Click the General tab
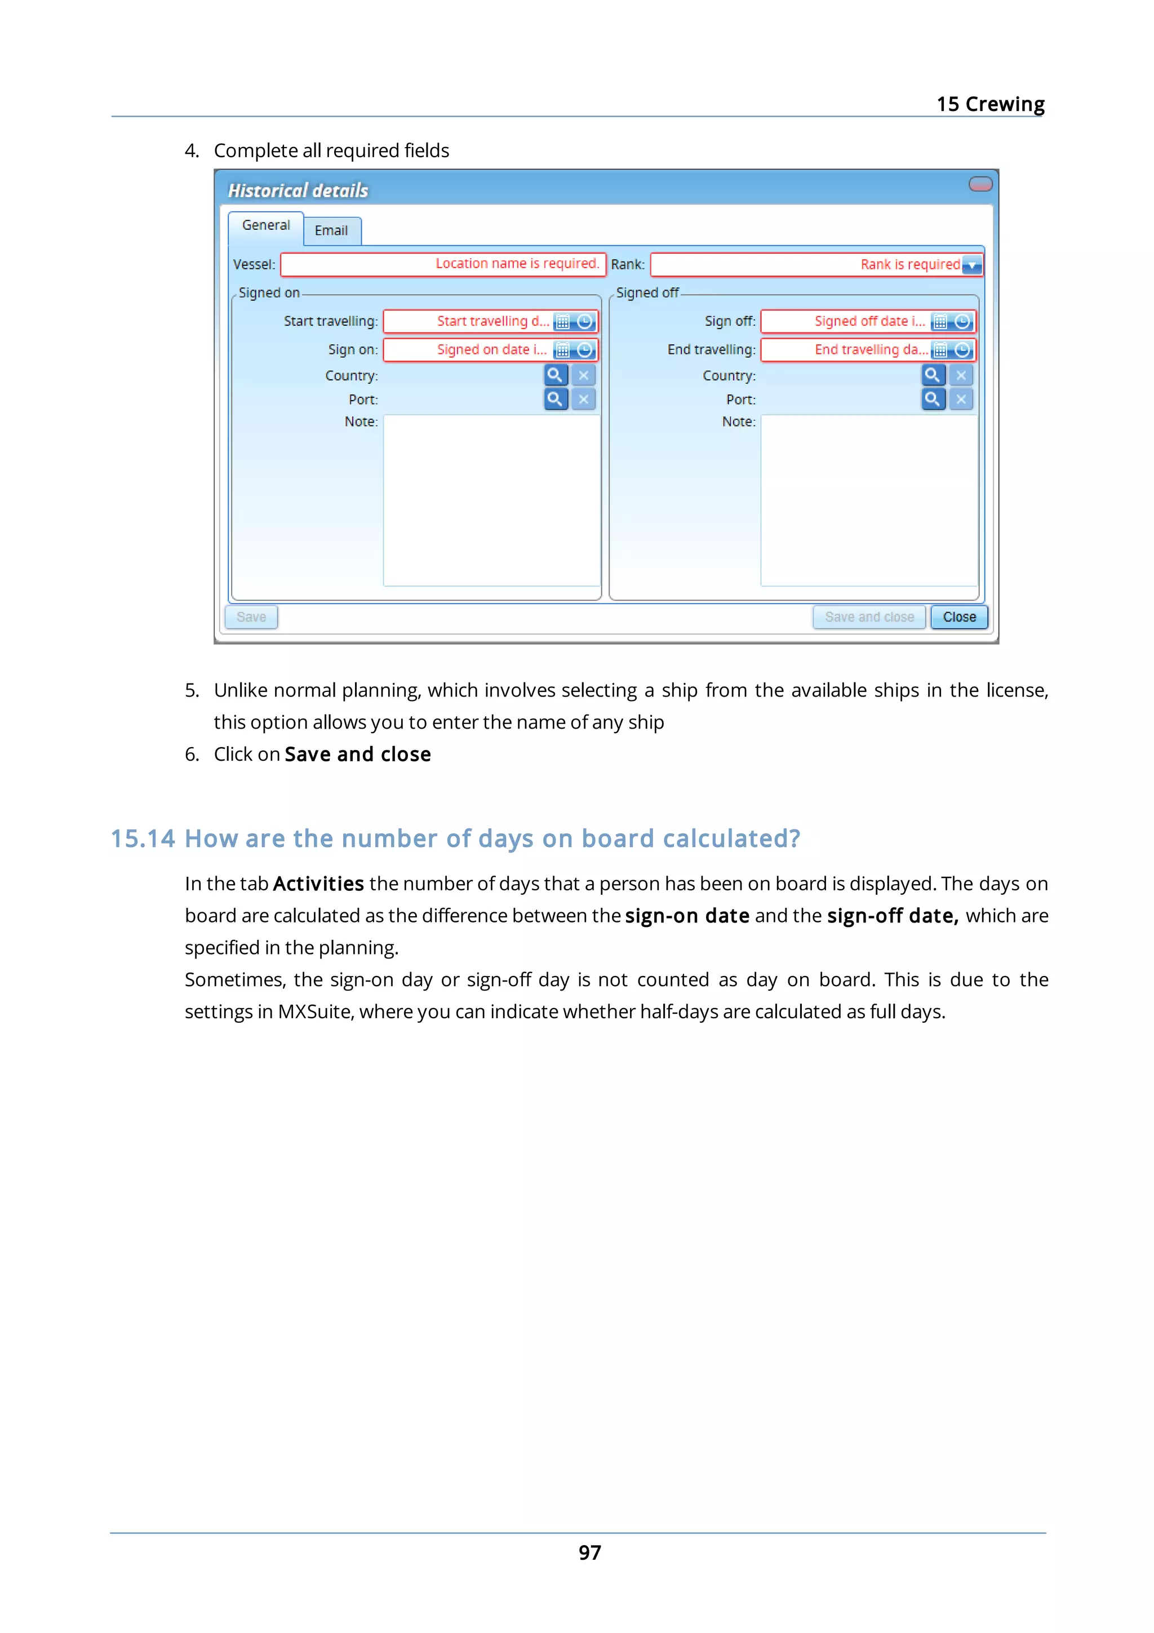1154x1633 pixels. (x=266, y=225)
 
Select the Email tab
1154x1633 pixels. (x=331, y=230)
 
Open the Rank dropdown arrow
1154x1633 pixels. (x=971, y=265)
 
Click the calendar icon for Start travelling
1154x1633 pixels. (x=562, y=322)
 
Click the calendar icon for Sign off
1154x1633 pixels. (x=940, y=322)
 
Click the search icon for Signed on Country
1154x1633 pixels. (x=556, y=375)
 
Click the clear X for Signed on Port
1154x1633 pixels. (x=584, y=399)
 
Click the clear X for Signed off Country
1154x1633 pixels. (x=961, y=375)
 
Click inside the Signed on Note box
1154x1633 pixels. (x=491, y=500)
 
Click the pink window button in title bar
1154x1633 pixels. (x=980, y=184)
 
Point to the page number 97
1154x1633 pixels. (x=589, y=1552)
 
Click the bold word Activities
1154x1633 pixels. (x=318, y=884)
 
